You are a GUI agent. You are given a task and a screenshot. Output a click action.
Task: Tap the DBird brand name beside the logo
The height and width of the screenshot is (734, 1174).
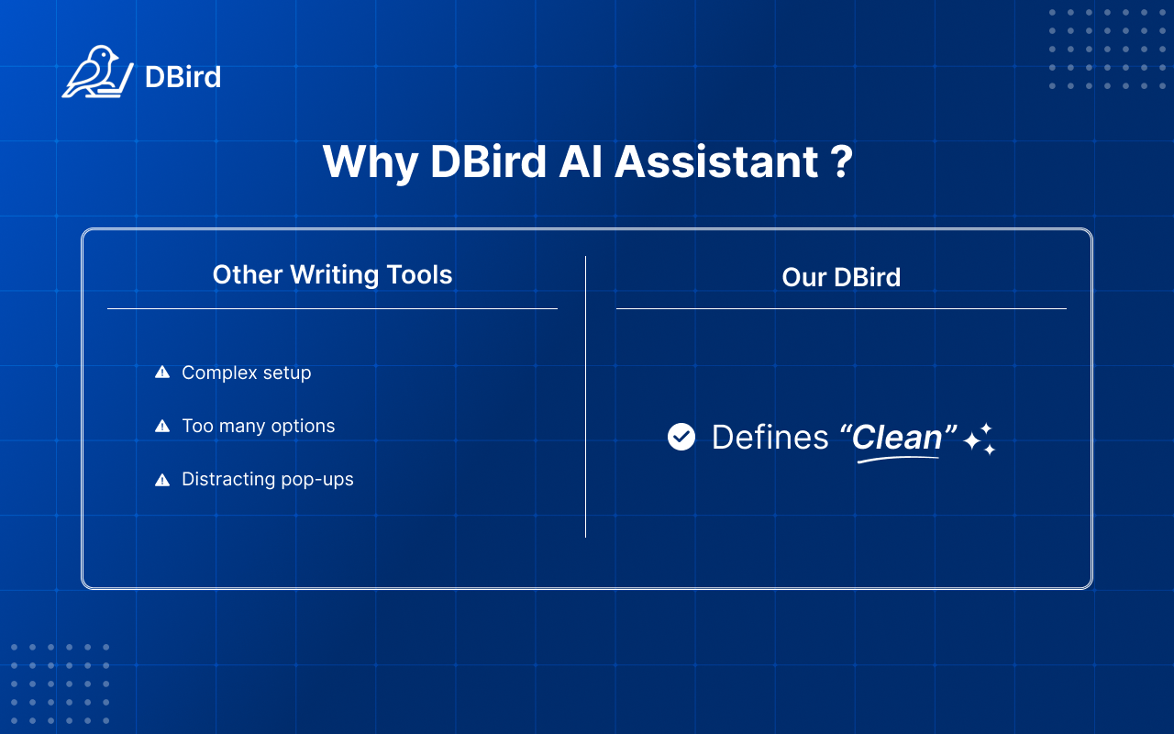click(183, 77)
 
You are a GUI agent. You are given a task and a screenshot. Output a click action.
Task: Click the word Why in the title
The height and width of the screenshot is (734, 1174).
click(370, 162)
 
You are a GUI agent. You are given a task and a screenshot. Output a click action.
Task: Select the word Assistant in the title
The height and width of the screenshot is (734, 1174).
click(716, 162)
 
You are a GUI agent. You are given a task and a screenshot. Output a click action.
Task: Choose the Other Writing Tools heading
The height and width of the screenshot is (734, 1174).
click(332, 274)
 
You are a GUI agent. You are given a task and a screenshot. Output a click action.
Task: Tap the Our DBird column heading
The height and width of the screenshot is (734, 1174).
click(841, 277)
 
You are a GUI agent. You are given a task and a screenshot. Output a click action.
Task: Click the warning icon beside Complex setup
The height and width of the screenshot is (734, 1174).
click(162, 373)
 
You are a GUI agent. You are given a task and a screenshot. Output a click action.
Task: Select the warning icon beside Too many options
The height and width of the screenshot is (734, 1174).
click(162, 426)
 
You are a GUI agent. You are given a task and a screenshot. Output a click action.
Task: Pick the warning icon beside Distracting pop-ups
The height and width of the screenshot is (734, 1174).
click(162, 479)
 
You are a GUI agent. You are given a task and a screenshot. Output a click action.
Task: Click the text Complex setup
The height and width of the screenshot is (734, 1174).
click(246, 373)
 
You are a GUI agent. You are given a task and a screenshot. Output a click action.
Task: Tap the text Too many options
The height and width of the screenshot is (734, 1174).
click(258, 426)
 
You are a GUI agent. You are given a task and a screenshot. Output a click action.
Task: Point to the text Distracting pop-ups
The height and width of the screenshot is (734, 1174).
click(267, 479)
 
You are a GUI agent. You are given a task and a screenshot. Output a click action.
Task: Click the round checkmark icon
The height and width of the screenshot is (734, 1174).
click(681, 437)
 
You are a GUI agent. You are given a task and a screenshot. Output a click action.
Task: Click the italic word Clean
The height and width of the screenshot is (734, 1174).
click(897, 437)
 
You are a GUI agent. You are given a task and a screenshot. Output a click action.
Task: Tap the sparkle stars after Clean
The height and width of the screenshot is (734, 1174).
click(979, 439)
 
